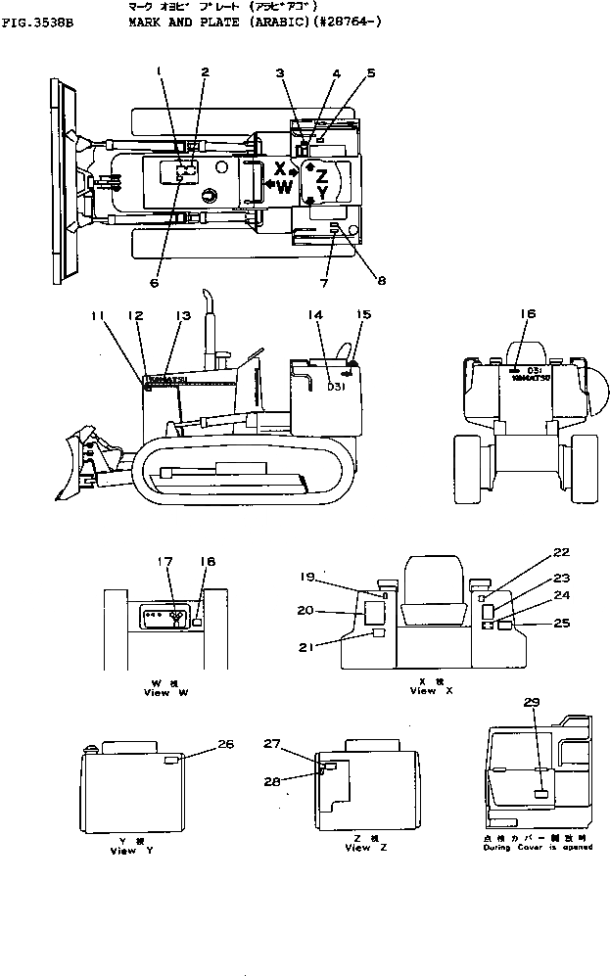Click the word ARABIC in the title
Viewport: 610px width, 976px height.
(x=254, y=18)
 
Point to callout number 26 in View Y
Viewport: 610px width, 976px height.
(x=225, y=744)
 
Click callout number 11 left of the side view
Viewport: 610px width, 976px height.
(x=97, y=315)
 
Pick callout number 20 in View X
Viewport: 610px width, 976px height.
(x=305, y=609)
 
